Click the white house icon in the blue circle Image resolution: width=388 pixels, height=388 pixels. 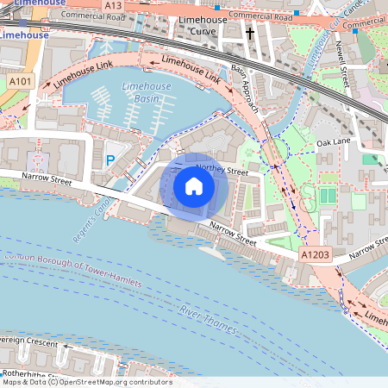pyautogui.click(x=193, y=185)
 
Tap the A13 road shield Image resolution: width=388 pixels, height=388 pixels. pyautogui.click(x=113, y=5)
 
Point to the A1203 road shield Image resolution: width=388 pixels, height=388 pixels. pyautogui.click(x=316, y=257)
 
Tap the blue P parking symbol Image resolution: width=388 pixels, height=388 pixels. pyautogui.click(x=110, y=160)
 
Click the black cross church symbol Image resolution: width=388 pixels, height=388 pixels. pyautogui.click(x=250, y=34)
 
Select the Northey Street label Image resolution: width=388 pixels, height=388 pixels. pyautogui.click(x=222, y=172)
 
